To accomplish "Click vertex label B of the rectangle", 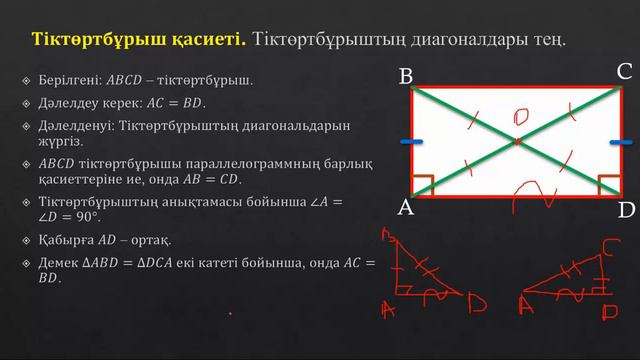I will click(407, 76).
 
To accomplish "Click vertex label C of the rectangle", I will click(624, 72).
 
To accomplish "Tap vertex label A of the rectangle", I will click(406, 208).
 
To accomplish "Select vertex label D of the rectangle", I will click(626, 210).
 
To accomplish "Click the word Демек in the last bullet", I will click(58, 263).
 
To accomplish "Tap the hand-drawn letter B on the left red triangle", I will click(387, 236).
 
